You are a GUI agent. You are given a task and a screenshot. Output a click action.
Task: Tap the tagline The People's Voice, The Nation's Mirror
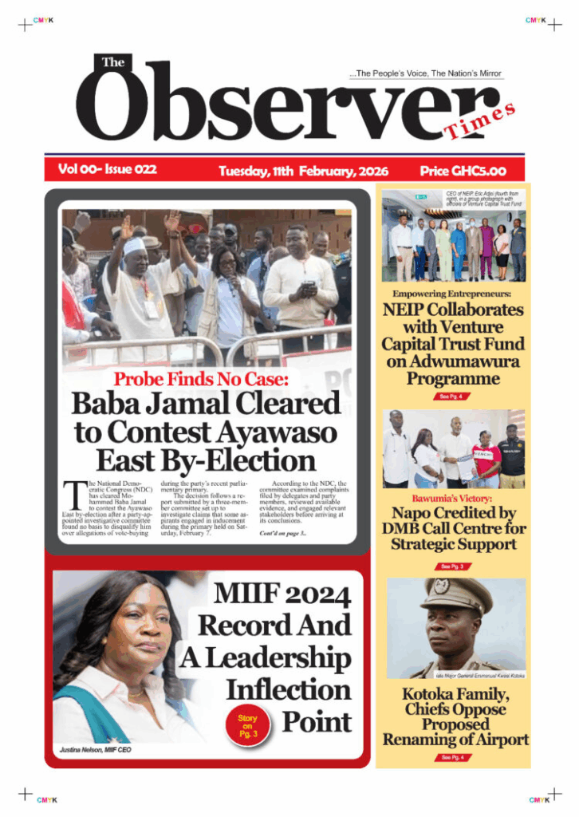pos(426,73)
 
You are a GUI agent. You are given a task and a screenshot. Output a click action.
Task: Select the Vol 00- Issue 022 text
pos(107,169)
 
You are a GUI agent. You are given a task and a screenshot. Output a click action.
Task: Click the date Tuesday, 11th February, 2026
pos(303,171)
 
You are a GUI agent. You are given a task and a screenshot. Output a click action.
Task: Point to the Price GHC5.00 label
pos(462,171)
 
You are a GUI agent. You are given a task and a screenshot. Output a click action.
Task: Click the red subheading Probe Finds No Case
pos(205,379)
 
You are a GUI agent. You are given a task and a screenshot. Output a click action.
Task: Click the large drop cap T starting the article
pos(72,494)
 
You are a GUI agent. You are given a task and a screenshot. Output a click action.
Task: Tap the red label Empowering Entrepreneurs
pos(452,294)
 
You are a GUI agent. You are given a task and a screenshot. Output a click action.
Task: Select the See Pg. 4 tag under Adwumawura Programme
pos(451,396)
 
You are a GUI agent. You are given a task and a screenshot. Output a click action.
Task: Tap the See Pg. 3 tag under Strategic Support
pos(451,566)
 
